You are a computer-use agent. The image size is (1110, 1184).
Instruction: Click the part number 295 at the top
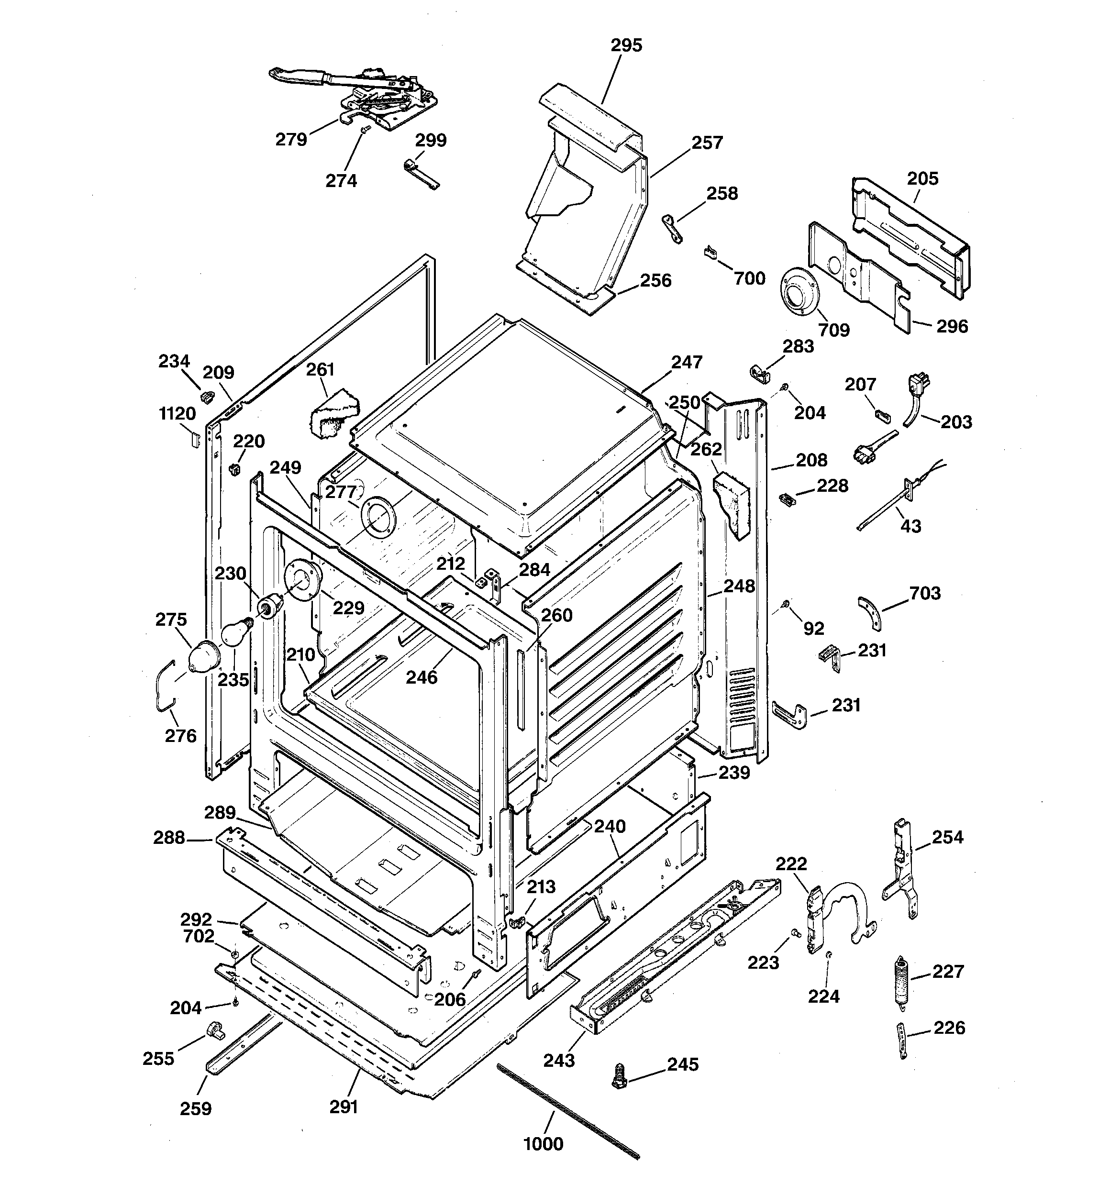[x=626, y=45]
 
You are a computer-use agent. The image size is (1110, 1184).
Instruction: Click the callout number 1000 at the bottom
[x=543, y=1143]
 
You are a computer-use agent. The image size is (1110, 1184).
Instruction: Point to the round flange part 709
[x=799, y=291]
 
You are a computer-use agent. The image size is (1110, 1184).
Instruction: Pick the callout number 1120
[x=177, y=413]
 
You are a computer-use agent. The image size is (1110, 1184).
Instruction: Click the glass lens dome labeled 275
[x=201, y=656]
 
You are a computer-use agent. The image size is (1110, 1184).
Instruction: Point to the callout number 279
[x=291, y=139]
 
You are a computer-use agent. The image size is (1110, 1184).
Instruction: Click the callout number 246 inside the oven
[x=421, y=677]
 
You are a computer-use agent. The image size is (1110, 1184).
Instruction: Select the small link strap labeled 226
[x=903, y=1040]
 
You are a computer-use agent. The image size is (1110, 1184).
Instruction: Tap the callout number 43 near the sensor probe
[x=910, y=526]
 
